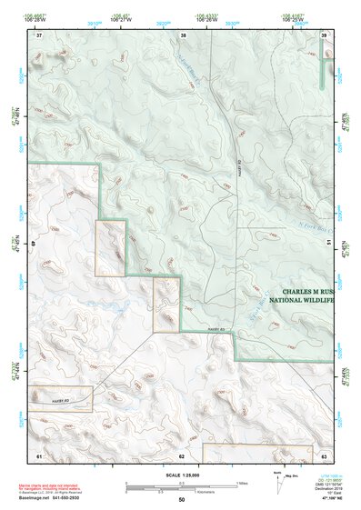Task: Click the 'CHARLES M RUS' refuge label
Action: pos(302,291)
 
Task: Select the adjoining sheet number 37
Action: pos(39,35)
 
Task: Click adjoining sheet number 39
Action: pos(324,35)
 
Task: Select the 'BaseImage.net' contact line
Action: pos(47,497)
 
